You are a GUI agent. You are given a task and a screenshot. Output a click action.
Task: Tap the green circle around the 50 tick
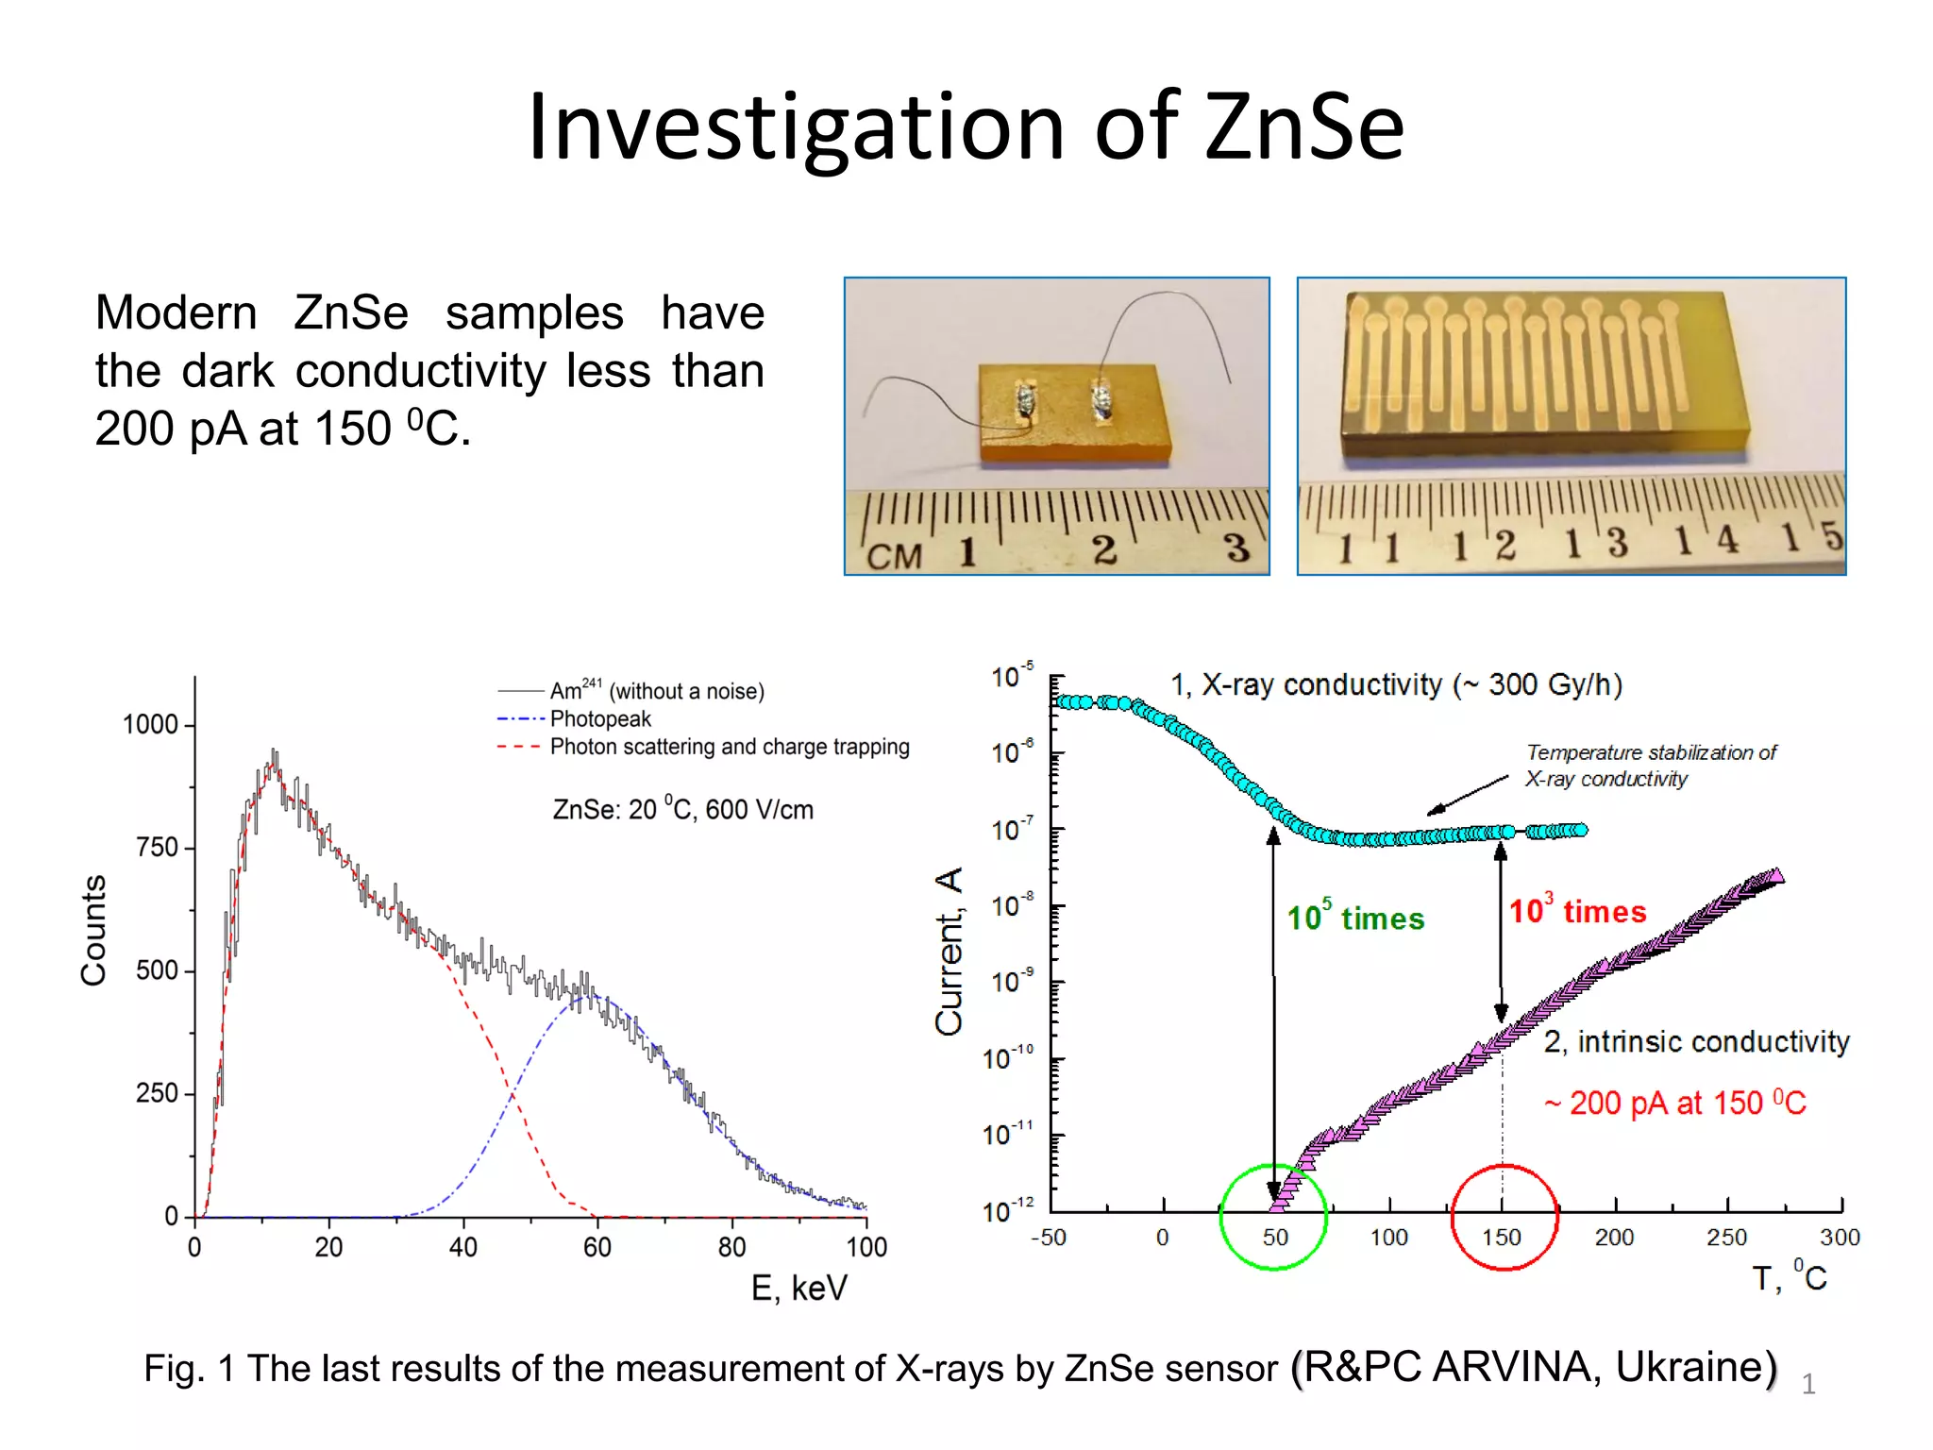[1223, 1218]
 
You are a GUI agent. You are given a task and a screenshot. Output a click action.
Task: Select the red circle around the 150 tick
[1454, 1218]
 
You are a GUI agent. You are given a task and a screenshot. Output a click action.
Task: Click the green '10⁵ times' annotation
[1355, 918]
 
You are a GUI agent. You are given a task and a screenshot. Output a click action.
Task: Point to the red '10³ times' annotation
[1577, 911]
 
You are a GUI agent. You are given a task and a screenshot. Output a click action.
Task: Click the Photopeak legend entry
[599, 719]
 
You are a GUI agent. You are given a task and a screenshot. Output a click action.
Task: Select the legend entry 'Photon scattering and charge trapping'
[729, 747]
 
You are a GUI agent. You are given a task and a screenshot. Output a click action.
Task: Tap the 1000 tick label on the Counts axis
[150, 725]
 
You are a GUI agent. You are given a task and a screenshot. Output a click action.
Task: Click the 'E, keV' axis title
[798, 1288]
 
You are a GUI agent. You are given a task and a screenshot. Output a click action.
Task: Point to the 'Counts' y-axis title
[93, 930]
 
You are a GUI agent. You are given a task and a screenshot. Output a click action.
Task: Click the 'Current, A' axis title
[949, 951]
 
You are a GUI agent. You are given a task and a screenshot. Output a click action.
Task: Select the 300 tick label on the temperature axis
[1839, 1238]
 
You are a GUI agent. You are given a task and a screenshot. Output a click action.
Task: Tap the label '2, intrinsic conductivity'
[1696, 1041]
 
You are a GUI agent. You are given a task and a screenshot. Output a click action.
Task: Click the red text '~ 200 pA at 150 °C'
[1674, 1103]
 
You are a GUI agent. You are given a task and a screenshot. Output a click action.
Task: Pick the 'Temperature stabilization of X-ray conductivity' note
[1651, 766]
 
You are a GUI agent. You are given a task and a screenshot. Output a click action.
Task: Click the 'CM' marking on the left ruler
[893, 555]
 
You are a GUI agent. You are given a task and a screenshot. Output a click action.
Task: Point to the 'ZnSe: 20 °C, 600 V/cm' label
[682, 810]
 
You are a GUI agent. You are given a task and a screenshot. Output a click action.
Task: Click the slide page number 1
[1807, 1384]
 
